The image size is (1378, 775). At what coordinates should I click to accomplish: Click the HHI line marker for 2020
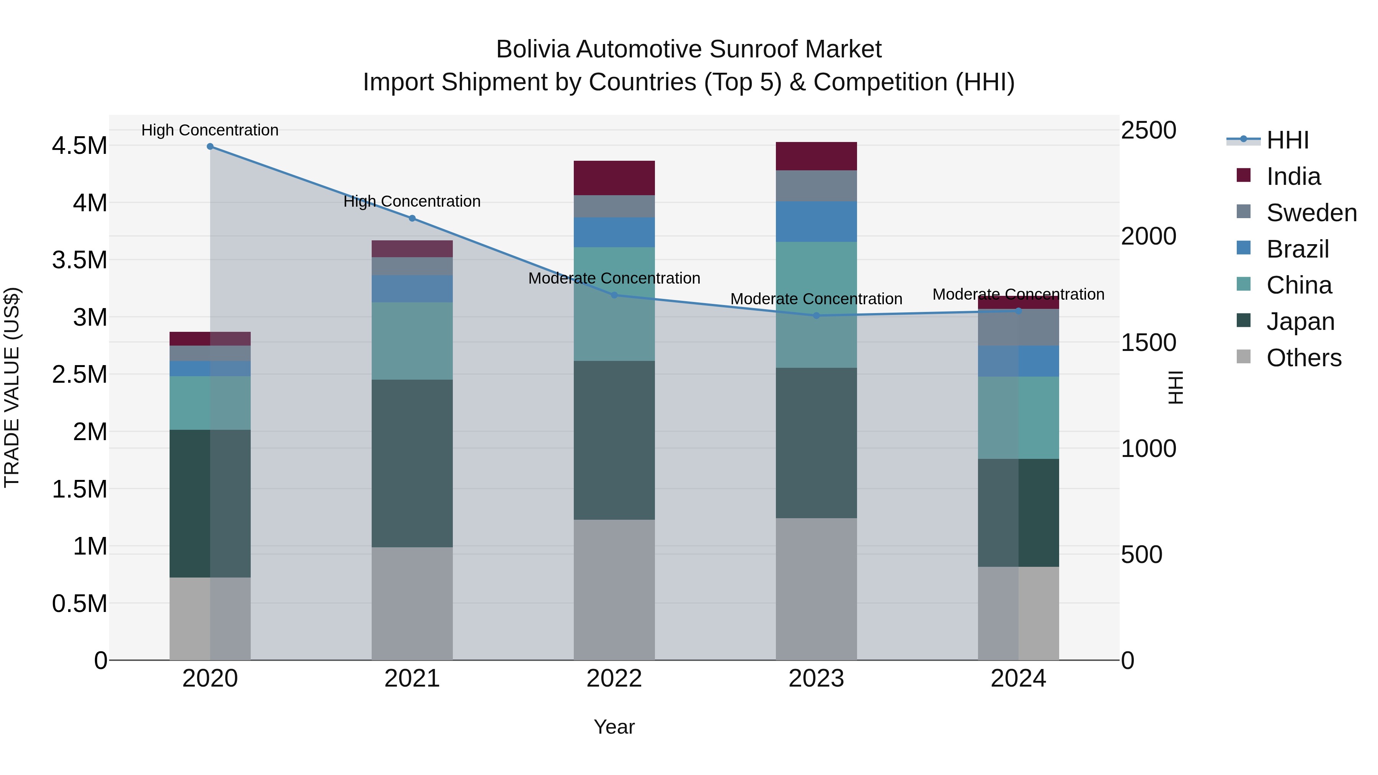tap(210, 147)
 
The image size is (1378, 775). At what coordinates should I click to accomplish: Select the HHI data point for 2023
tap(816, 316)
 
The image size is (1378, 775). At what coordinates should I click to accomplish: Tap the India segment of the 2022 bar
tap(614, 178)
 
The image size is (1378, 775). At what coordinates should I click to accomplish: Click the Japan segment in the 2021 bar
tap(412, 463)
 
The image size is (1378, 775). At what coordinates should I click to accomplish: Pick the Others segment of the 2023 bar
tap(816, 588)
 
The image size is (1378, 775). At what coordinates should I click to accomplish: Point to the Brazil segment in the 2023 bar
tap(816, 222)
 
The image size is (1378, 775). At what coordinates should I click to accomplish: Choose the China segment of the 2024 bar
tap(1019, 417)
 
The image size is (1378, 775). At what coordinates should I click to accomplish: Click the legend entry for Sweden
tap(1311, 213)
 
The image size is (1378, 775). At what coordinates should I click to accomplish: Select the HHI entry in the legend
tap(1287, 140)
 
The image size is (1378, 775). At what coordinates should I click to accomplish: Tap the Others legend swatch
tap(1244, 357)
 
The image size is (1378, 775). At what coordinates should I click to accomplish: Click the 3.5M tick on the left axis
tap(79, 261)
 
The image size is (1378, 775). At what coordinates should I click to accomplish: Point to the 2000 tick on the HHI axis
tap(1148, 237)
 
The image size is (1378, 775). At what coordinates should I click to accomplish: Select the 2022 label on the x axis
tap(614, 679)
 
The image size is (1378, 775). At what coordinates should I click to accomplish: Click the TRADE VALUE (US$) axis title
tap(12, 387)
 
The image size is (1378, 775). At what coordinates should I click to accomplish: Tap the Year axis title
tap(614, 727)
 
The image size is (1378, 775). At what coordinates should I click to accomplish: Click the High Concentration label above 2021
tap(412, 202)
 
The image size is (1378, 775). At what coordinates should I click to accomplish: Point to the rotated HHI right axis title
tap(1175, 387)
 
